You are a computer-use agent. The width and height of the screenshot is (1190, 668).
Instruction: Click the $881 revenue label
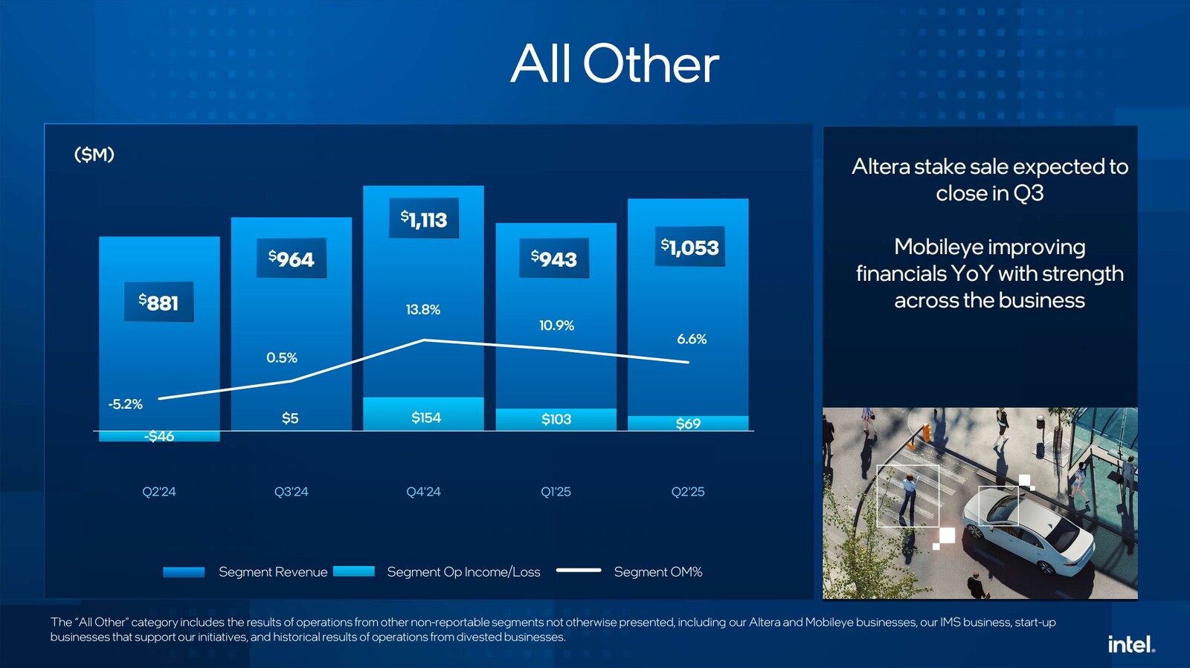[158, 302]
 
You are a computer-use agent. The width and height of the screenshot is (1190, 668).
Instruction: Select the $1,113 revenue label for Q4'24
[424, 218]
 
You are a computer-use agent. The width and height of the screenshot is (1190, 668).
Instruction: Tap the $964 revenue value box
[292, 259]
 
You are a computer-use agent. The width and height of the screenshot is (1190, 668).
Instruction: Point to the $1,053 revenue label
[690, 247]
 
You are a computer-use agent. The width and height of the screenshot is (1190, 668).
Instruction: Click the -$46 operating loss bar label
[159, 436]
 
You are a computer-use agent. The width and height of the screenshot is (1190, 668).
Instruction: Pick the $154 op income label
[426, 418]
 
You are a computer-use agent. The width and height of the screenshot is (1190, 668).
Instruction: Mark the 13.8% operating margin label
[422, 309]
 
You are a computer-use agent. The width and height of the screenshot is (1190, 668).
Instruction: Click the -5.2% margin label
[125, 404]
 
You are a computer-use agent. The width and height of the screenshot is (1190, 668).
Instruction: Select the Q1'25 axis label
[556, 492]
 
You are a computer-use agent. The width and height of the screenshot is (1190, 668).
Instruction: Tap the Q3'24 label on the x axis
[291, 492]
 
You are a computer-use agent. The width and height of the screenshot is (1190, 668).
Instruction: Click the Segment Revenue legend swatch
[184, 571]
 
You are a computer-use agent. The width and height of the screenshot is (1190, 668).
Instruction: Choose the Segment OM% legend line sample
[579, 571]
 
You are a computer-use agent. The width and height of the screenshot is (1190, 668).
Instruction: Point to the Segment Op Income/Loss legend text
[463, 572]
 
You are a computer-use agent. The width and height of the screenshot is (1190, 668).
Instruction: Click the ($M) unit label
[94, 155]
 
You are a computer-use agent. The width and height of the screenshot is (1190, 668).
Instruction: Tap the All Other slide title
[614, 64]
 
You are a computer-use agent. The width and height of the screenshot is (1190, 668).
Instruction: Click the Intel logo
[1131, 644]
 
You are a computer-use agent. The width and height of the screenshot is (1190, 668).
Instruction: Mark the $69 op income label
[688, 424]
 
